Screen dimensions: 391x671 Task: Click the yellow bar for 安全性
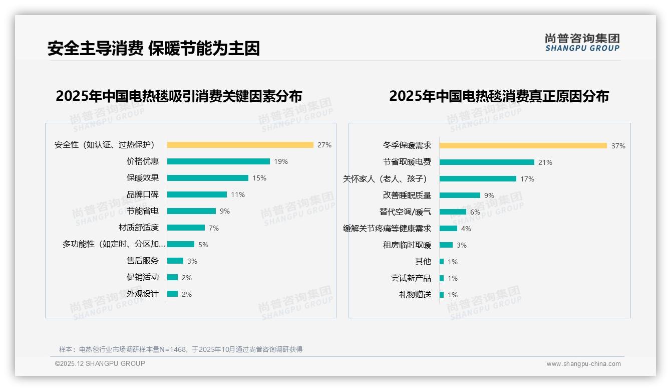(240, 145)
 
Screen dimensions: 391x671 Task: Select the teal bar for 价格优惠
(218, 161)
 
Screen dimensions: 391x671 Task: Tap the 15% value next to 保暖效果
(259, 178)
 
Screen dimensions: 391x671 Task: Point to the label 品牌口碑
(143, 194)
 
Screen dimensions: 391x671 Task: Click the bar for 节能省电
(191, 211)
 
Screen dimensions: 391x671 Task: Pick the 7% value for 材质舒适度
(214, 228)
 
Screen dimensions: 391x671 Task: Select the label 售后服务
(143, 261)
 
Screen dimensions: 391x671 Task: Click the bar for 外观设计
(172, 294)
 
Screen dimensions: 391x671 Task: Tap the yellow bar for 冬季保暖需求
(523, 146)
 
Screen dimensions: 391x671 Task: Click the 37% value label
(618, 146)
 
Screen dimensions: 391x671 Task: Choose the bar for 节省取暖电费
(487, 162)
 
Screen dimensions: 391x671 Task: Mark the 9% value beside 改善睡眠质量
(489, 195)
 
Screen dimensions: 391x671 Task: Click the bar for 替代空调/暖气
(453, 212)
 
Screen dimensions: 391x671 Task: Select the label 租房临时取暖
(407, 245)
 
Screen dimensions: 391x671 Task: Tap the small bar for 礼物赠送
(442, 295)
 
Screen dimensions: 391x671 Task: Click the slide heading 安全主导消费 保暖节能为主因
(153, 49)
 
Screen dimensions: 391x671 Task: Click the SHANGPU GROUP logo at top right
(582, 43)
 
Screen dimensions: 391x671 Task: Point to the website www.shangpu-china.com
(583, 364)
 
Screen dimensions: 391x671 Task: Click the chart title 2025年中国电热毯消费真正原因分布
(499, 96)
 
